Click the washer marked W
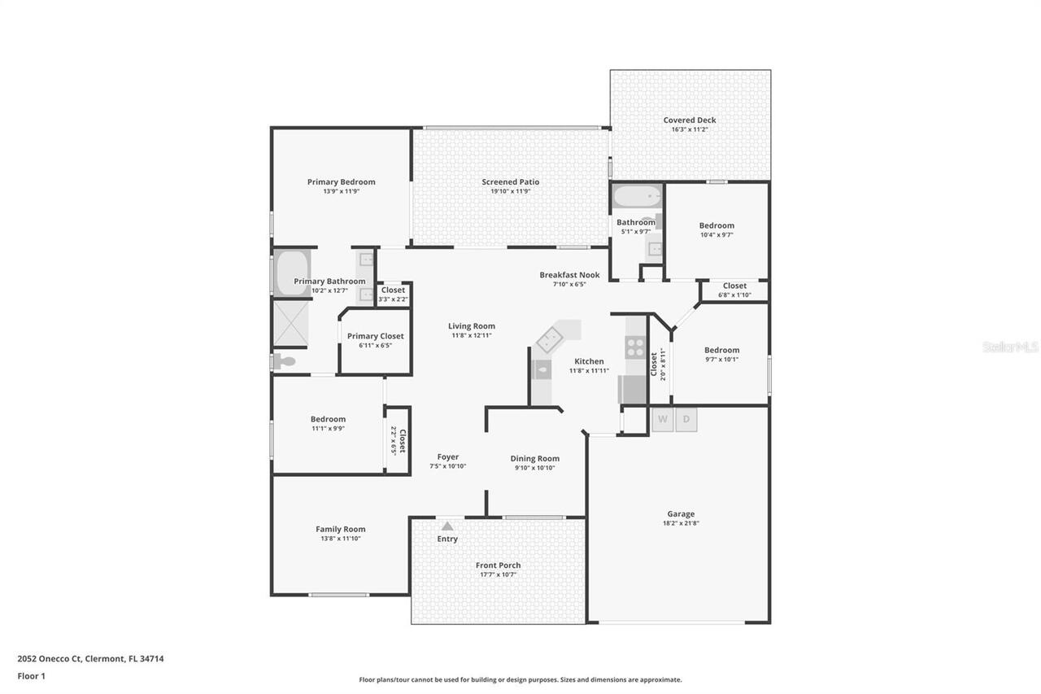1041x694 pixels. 663,419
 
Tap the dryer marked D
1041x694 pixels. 686,419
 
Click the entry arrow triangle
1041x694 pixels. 447,526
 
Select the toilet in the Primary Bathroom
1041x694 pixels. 284,361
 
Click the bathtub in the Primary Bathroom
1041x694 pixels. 292,273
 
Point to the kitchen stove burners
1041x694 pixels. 635,347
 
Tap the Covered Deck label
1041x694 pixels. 690,120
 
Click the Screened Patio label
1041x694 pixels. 511,182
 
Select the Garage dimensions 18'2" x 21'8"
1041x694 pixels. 681,523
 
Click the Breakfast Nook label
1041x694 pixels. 569,275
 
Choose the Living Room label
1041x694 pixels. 472,326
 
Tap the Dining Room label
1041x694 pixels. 534,459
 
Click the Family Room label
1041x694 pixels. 341,530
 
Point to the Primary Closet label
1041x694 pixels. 375,336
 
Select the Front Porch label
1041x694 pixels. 498,565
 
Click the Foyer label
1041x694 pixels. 447,457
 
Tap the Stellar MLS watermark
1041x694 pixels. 1010,347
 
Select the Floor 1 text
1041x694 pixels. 31,676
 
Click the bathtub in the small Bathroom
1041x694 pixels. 636,198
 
